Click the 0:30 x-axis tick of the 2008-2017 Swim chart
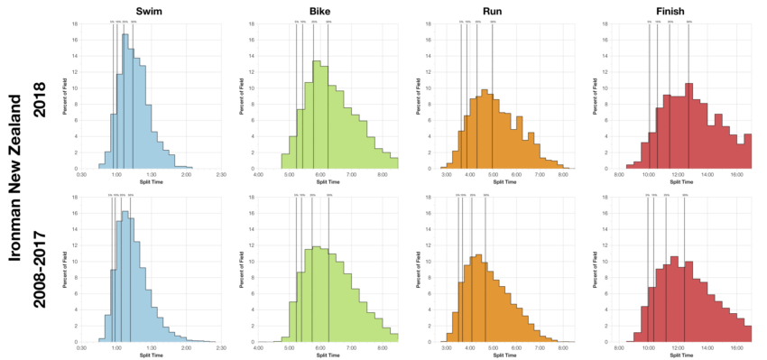point(82,346)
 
